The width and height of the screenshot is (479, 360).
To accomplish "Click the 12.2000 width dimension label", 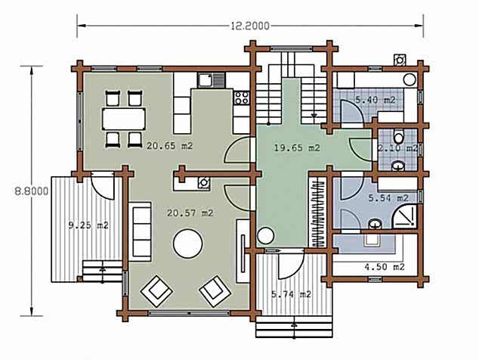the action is [250, 26].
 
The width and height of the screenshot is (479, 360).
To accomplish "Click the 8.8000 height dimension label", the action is [32, 191].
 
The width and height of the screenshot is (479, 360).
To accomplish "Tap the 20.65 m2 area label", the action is [169, 146].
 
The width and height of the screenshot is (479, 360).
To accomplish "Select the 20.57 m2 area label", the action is [190, 213].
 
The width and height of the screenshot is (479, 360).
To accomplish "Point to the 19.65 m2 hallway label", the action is [297, 148].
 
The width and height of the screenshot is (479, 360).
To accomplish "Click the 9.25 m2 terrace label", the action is [88, 225].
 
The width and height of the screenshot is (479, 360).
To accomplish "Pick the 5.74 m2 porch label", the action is [291, 294].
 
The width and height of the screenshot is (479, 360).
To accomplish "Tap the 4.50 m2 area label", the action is [385, 267].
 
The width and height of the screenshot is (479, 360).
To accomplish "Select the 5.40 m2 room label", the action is [375, 100].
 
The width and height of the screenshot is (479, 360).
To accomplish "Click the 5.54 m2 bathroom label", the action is [388, 198].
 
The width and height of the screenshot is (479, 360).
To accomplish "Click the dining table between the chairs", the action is [124, 119].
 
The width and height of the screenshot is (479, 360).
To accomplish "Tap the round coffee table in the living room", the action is [188, 244].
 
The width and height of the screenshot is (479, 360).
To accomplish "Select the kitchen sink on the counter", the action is [211, 80].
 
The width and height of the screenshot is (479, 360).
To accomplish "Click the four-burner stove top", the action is [242, 98].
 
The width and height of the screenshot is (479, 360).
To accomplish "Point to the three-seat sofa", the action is [140, 231].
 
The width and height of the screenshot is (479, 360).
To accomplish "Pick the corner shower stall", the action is [405, 216].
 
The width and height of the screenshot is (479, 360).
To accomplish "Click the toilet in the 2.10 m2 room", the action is [398, 136].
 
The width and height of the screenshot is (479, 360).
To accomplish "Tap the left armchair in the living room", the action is [156, 291].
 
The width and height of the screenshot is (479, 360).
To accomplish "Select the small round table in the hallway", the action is [265, 236].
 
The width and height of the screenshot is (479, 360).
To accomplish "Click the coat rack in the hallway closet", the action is [318, 213].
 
